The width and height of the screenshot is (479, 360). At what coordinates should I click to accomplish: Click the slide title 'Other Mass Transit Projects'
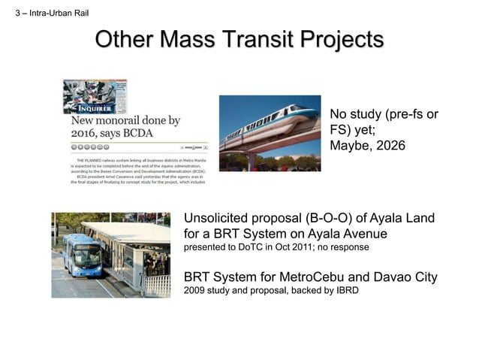(239, 40)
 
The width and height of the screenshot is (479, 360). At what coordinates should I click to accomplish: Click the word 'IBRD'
(343, 290)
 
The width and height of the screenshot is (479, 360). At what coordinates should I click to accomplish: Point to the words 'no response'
(344, 247)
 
